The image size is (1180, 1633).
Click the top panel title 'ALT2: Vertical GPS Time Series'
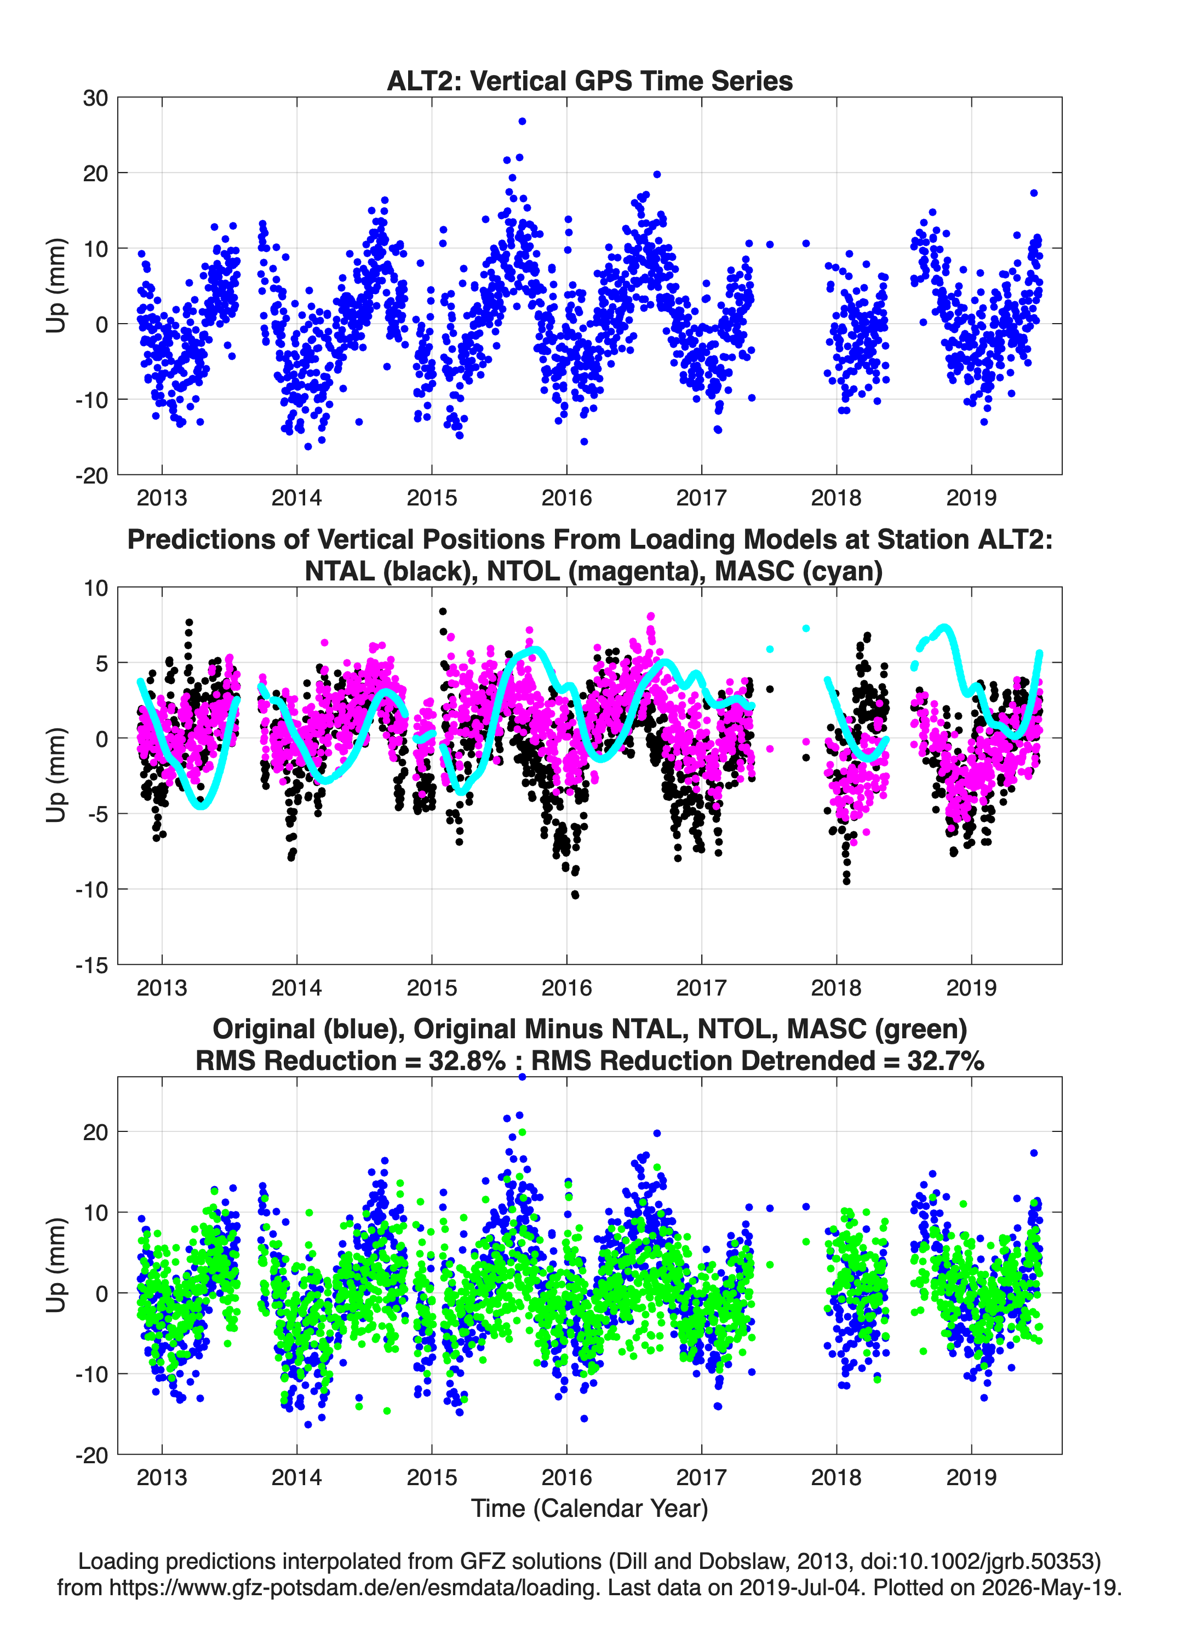[x=589, y=81]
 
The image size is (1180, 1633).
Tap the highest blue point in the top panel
[x=522, y=121]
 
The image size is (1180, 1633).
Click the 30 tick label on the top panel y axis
[x=95, y=98]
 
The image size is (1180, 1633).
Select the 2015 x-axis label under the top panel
[x=432, y=498]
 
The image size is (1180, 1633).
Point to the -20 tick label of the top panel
[x=91, y=475]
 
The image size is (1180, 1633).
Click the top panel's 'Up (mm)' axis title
[x=55, y=286]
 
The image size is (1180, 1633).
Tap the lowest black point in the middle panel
[x=575, y=894]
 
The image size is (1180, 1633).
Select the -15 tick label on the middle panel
[x=91, y=965]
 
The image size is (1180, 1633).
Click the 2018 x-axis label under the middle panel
[x=837, y=987]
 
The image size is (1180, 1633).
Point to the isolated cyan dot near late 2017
[x=806, y=629]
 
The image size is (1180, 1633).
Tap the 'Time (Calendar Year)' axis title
[x=589, y=1509]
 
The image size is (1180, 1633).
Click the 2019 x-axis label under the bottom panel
[x=971, y=1477]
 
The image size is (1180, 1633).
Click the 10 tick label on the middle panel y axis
[x=95, y=588]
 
